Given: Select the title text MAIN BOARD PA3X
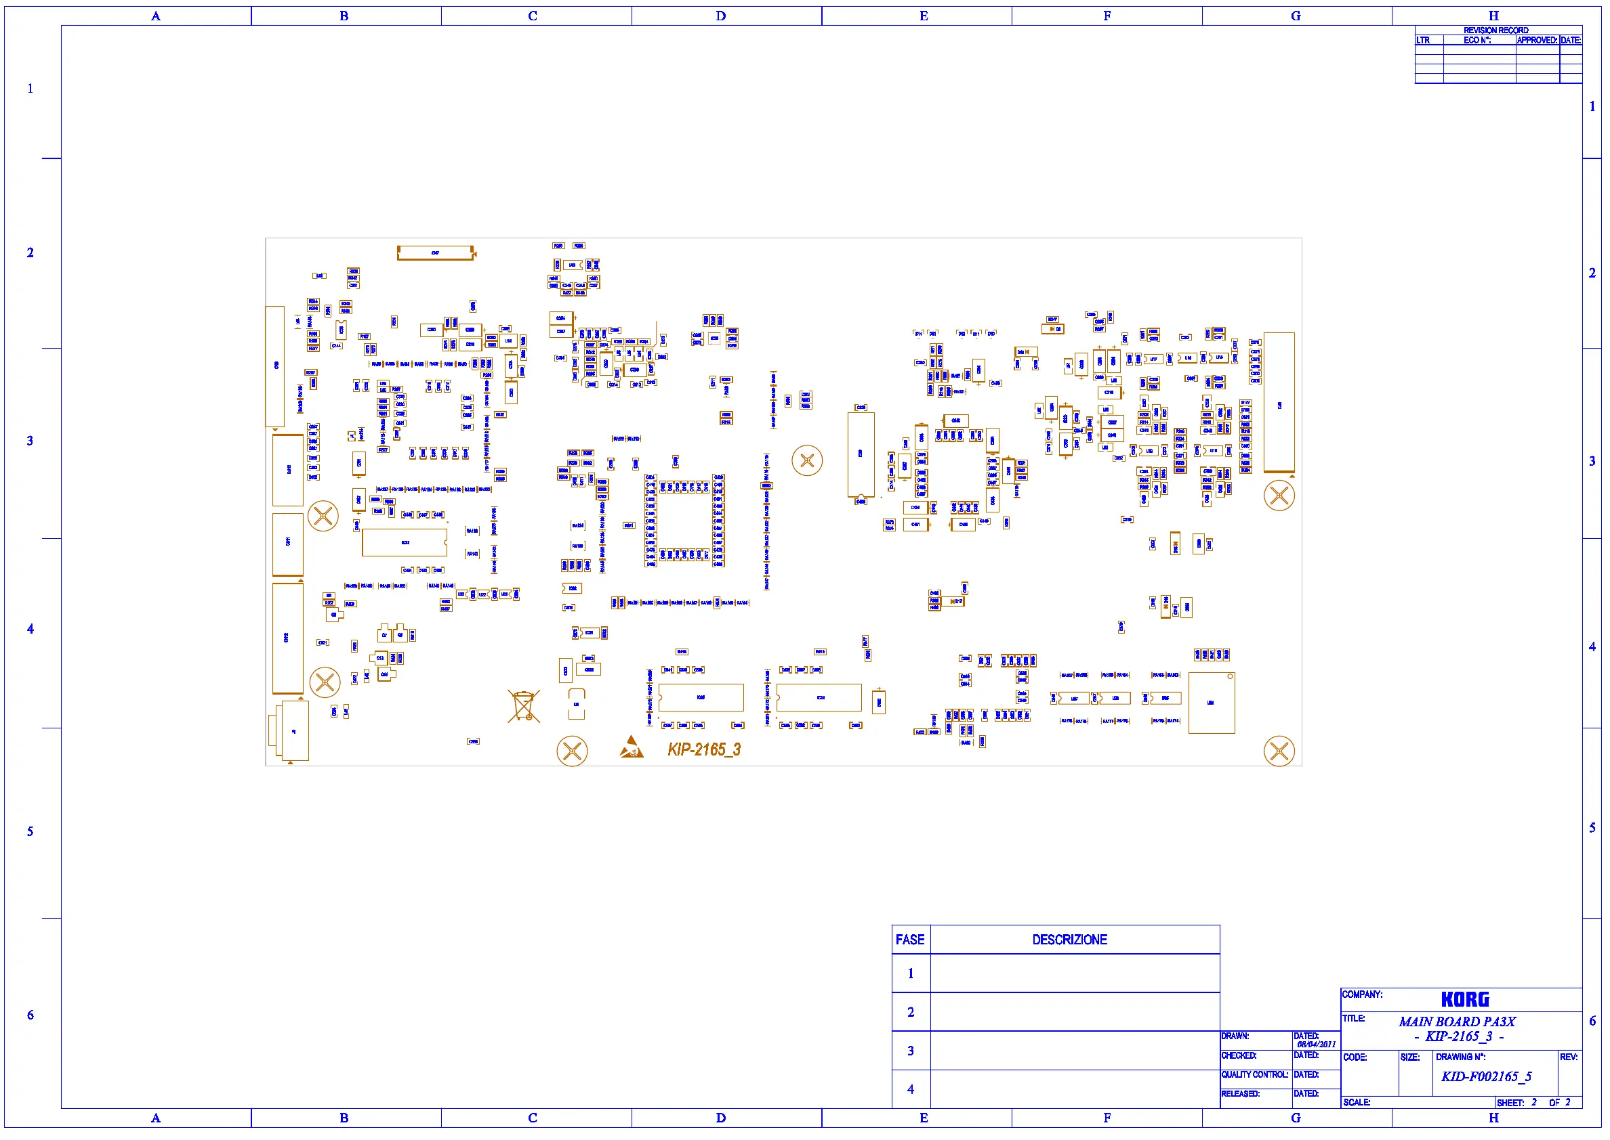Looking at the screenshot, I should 1457,1022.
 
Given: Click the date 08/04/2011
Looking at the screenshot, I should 1316,1045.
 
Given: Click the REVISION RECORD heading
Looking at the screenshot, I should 1495,30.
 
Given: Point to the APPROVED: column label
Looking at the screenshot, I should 1536,40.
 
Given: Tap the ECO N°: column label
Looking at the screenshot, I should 1477,40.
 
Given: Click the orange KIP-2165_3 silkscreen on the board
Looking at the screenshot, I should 704,749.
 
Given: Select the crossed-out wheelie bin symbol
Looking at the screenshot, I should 523,705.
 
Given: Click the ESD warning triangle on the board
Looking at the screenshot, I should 631,747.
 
